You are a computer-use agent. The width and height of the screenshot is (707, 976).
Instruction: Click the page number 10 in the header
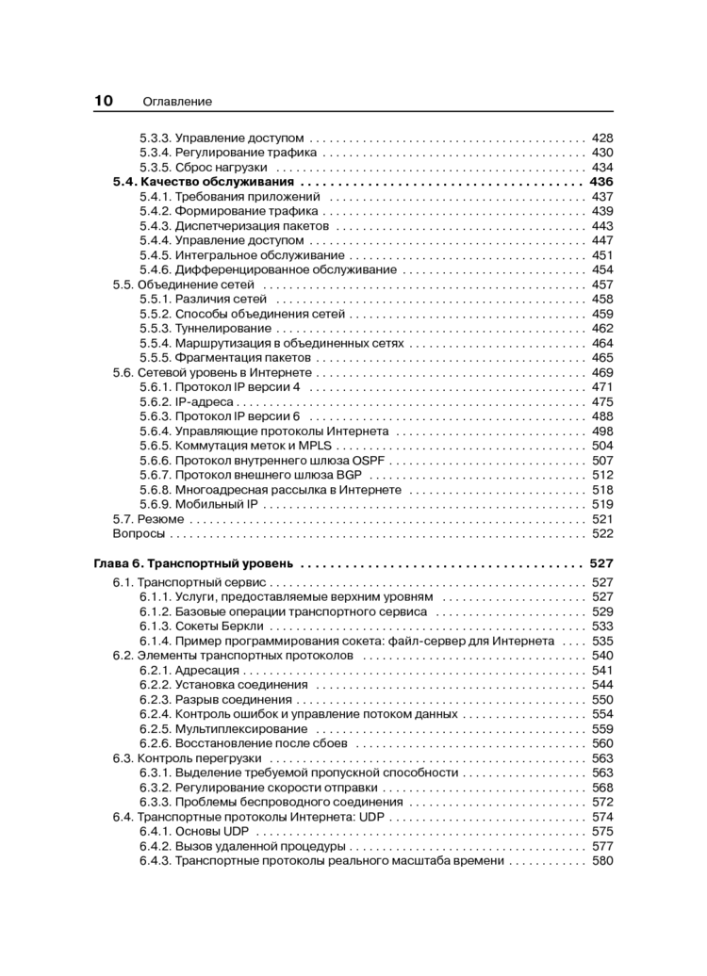tap(104, 101)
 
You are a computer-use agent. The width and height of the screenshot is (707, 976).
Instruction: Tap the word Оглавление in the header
tap(177, 102)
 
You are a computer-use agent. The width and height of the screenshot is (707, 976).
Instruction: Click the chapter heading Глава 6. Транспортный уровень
tap(194, 563)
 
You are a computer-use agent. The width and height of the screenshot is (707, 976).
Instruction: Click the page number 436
tap(600, 182)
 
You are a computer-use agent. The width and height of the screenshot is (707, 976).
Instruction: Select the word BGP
tap(351, 475)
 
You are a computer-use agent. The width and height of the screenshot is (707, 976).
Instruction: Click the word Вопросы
tap(139, 533)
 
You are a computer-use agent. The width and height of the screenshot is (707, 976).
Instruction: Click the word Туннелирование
tap(222, 328)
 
